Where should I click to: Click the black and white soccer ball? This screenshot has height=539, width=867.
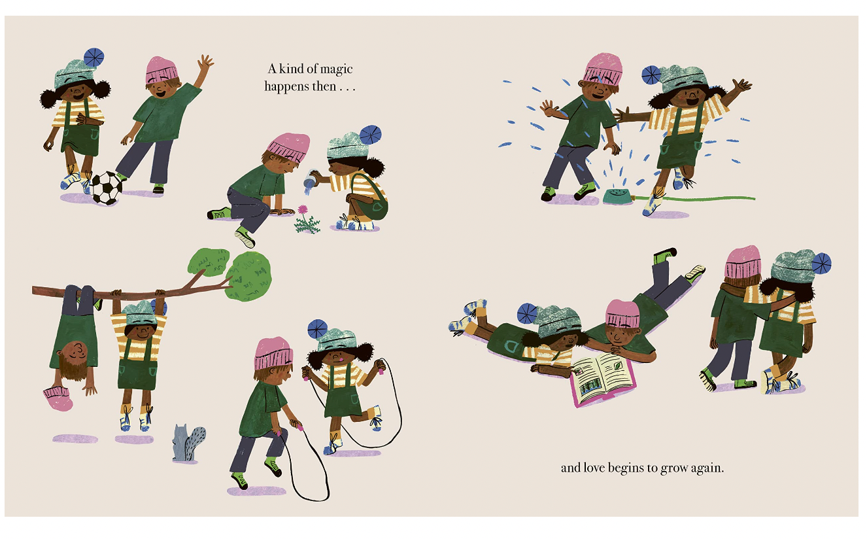[x=107, y=188]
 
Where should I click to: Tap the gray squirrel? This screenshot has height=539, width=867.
[x=188, y=443]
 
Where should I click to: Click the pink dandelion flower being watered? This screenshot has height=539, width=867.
[x=303, y=209]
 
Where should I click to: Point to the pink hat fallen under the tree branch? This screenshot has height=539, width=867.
[x=58, y=398]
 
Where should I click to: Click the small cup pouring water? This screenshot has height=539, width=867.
[x=310, y=178]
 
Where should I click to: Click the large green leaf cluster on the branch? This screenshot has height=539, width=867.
[x=248, y=275]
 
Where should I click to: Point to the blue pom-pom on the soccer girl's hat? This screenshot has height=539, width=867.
[x=93, y=58]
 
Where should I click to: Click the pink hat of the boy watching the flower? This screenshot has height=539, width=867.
[x=289, y=147]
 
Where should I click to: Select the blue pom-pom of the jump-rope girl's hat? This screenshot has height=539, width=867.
[x=317, y=330]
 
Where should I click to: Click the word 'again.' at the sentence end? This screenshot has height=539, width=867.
[x=707, y=468]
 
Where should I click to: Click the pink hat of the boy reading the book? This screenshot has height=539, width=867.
[x=622, y=313]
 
